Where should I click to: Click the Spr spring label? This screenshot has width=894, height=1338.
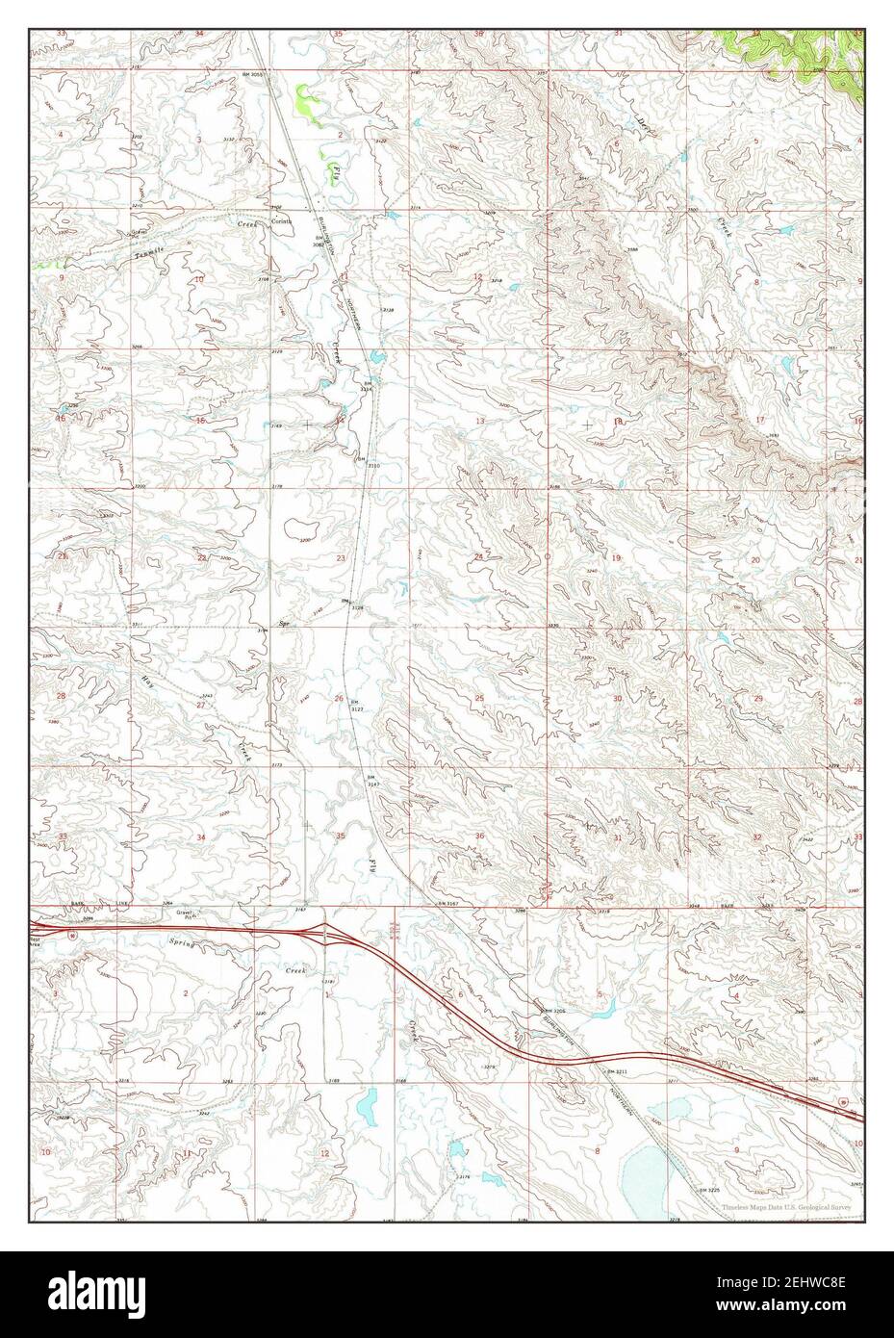(284, 624)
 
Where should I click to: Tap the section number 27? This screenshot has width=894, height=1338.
(200, 705)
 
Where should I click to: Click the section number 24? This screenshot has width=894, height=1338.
(478, 557)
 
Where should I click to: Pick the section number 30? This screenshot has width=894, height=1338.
(617, 698)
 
